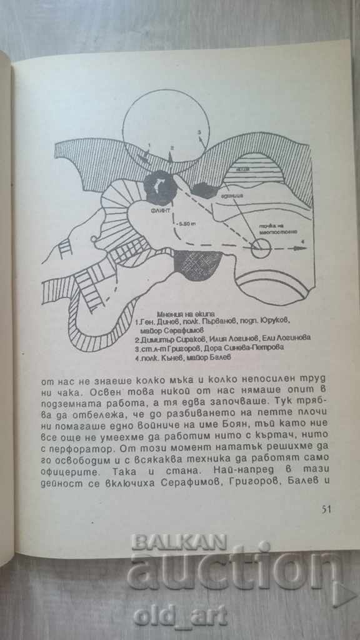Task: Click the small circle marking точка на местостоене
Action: pyautogui.click(x=260, y=248)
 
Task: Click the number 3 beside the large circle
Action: pyautogui.click(x=199, y=132)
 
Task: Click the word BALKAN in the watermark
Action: pyautogui.click(x=179, y=542)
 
